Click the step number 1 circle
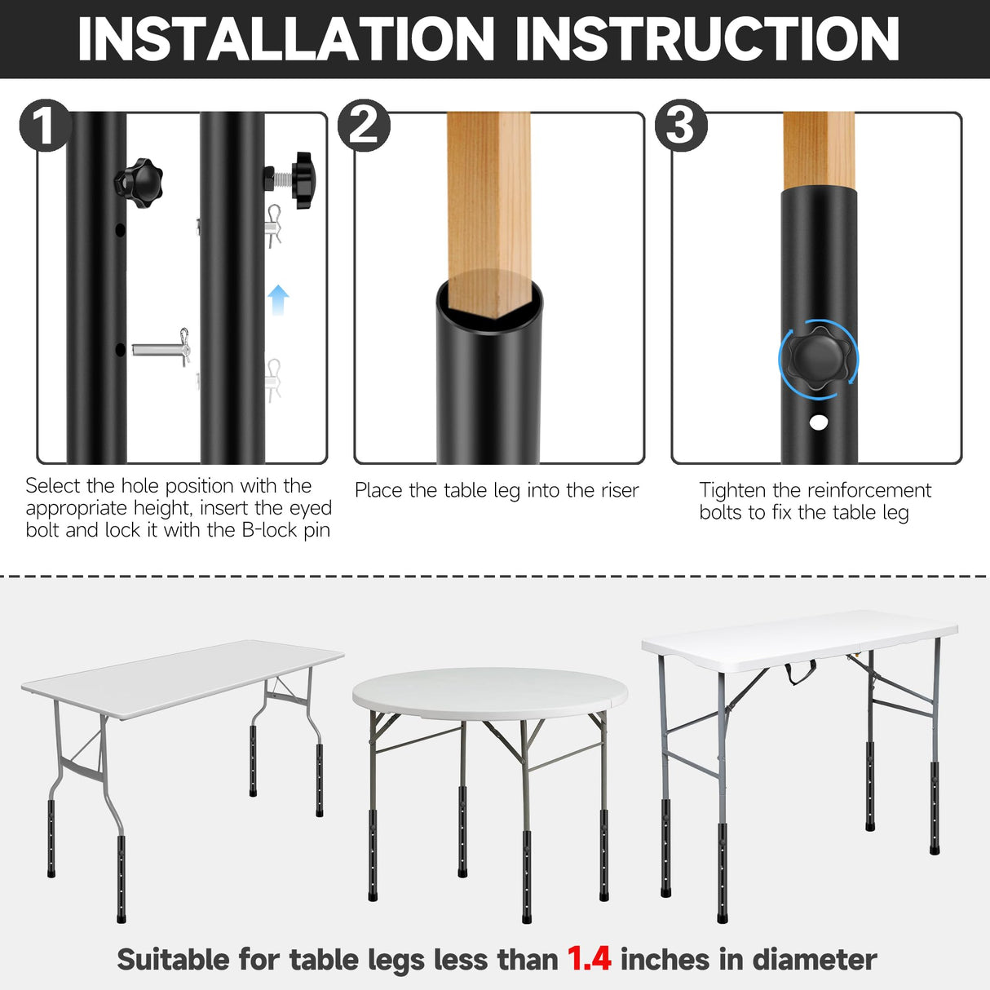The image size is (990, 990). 46,125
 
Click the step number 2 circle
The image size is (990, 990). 364,125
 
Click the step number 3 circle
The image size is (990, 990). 681,125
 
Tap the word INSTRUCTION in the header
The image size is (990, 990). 707,38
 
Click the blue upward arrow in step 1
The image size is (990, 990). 279,299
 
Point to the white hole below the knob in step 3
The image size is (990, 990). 818,422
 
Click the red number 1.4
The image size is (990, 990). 589,959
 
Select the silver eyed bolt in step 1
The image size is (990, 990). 160,349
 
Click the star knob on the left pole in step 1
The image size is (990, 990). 139,180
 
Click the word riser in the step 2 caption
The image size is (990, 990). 619,490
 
